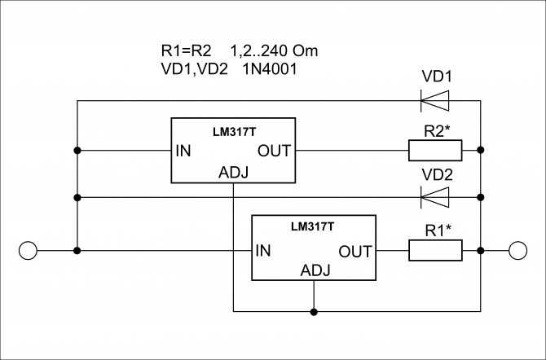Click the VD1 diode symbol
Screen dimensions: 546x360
[x=434, y=101]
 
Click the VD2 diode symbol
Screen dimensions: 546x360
[x=434, y=197]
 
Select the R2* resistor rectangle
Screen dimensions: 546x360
[x=435, y=151]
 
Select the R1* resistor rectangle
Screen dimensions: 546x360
[x=435, y=250]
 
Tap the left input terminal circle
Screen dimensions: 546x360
[x=28, y=251]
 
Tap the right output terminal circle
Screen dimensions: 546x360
[x=517, y=251]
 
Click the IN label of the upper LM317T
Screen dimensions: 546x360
[x=183, y=151]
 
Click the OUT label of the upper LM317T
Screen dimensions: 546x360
[x=274, y=151]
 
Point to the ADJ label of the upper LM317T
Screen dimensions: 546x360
[x=233, y=173]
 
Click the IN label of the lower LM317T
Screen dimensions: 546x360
[x=263, y=251]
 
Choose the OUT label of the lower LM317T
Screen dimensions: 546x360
[x=355, y=252]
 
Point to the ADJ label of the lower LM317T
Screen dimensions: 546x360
[x=315, y=270]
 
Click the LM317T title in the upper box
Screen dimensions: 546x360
[x=235, y=132]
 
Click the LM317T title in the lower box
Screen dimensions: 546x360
[x=312, y=226]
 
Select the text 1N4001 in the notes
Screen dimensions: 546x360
[x=271, y=69]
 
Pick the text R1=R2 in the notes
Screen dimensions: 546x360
[x=187, y=50]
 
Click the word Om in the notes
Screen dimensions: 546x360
[x=305, y=50]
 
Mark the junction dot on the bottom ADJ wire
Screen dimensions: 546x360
[x=314, y=312]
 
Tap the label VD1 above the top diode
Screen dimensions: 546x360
[x=437, y=77]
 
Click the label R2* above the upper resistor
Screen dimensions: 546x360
[x=437, y=132]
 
